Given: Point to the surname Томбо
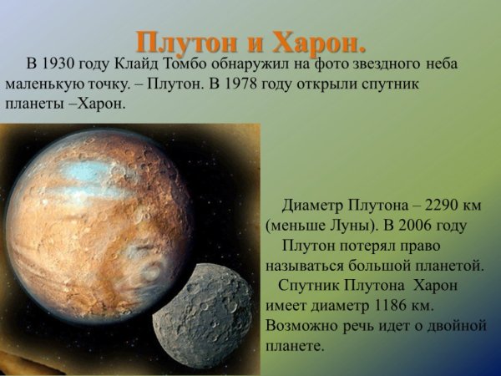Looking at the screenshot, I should click(219, 64).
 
